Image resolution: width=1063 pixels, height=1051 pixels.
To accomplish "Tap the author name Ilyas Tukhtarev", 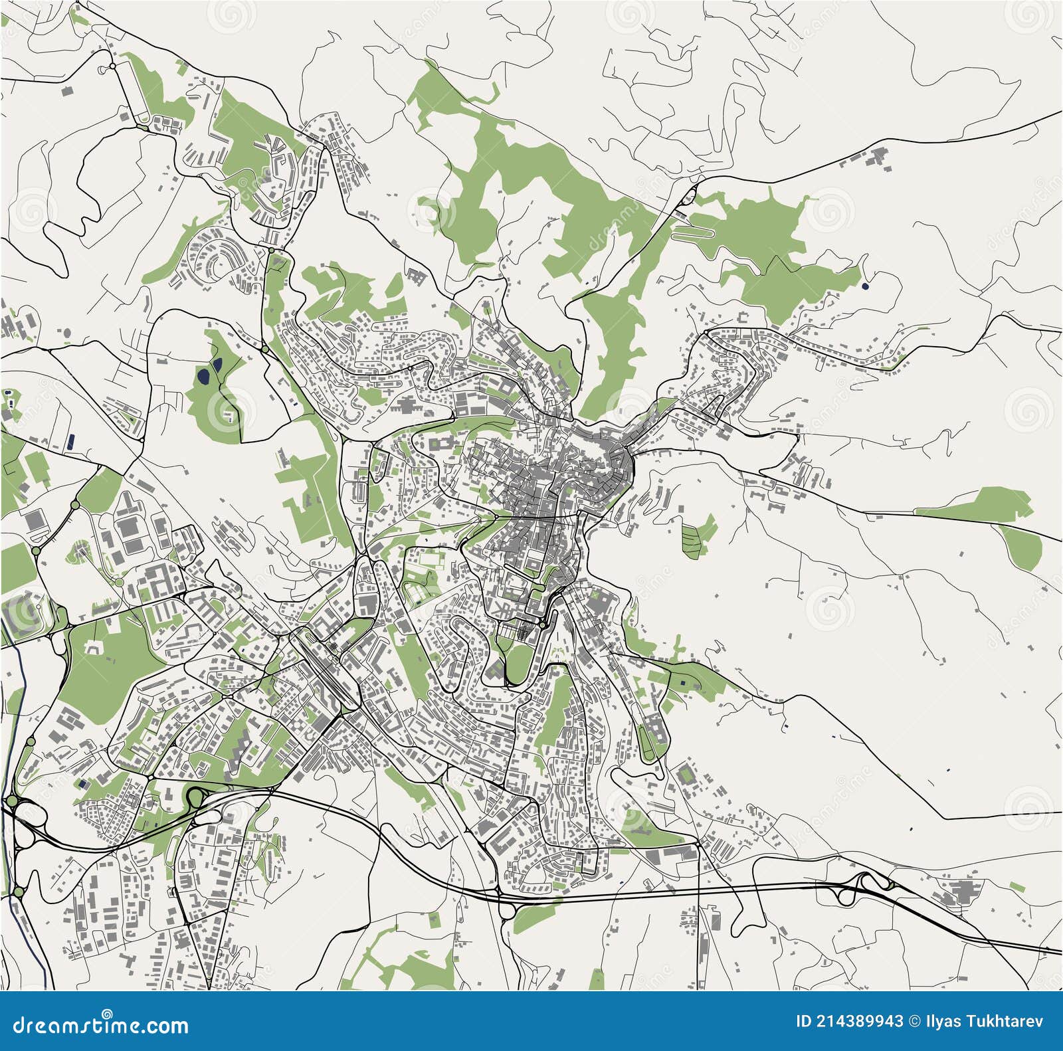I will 984,1021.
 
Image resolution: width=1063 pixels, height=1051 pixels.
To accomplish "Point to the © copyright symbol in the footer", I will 915,1021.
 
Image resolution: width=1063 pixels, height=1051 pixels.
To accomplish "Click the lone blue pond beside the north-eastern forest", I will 864,287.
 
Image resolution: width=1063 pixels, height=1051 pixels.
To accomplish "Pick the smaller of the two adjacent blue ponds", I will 217,364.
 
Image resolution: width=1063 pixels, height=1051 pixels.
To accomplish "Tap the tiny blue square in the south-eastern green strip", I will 684,682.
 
